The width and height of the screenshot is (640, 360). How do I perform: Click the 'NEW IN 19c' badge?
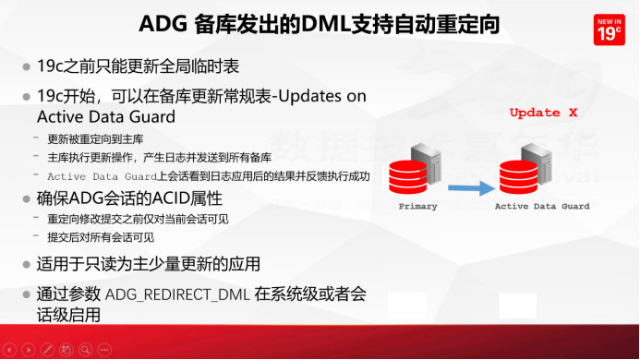click(608, 29)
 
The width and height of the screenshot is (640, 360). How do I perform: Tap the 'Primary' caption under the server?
click(417, 207)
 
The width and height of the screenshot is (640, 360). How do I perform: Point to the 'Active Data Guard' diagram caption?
click(542, 207)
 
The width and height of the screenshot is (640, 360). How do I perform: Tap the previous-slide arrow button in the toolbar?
click(10, 350)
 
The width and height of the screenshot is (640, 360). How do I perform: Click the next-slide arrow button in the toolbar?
click(29, 350)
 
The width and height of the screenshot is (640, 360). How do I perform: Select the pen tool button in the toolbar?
click(47, 350)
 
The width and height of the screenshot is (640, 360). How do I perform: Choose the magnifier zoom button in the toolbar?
click(84, 350)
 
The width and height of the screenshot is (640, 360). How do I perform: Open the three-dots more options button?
click(103, 350)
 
